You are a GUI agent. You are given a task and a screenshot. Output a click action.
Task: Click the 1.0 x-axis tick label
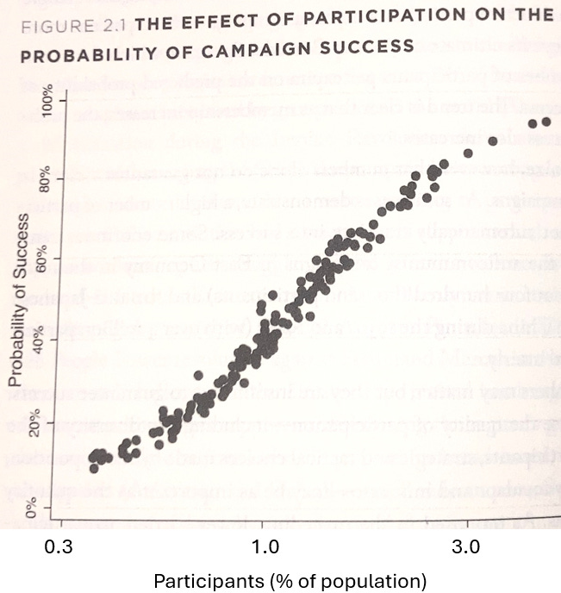tap(264, 546)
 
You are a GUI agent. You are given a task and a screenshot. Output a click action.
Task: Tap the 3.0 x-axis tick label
tap(466, 546)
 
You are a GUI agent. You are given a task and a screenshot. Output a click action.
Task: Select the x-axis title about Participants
tap(290, 577)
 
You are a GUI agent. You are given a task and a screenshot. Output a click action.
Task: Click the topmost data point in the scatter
tap(545, 122)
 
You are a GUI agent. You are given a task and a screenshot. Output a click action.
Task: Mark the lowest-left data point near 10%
tap(94, 468)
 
